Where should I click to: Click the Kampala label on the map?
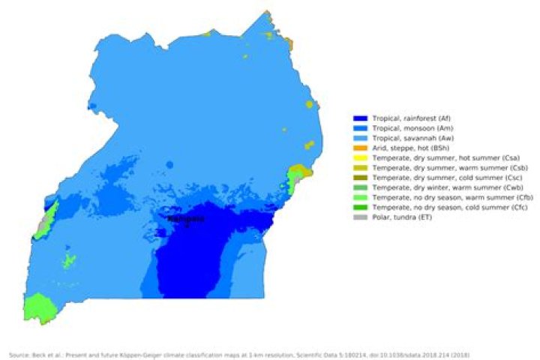pyautogui.click(x=184, y=219)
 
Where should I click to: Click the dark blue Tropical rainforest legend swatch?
pyautogui.click(x=360, y=118)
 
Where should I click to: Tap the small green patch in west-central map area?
pyautogui.click(x=69, y=260)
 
